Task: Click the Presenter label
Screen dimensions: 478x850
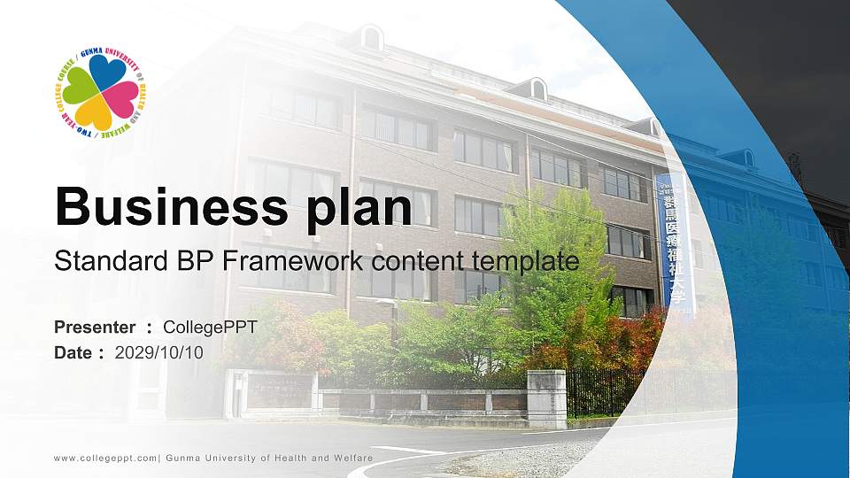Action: click(95, 328)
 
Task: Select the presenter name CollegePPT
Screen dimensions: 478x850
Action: click(211, 328)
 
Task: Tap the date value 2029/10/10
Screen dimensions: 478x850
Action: click(159, 352)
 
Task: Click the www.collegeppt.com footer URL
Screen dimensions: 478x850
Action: click(105, 458)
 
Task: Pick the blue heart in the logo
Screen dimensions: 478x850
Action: click(107, 73)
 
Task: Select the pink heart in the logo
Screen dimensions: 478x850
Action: click(121, 98)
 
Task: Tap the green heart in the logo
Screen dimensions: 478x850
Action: click(81, 86)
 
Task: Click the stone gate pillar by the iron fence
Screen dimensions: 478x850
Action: click(546, 397)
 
